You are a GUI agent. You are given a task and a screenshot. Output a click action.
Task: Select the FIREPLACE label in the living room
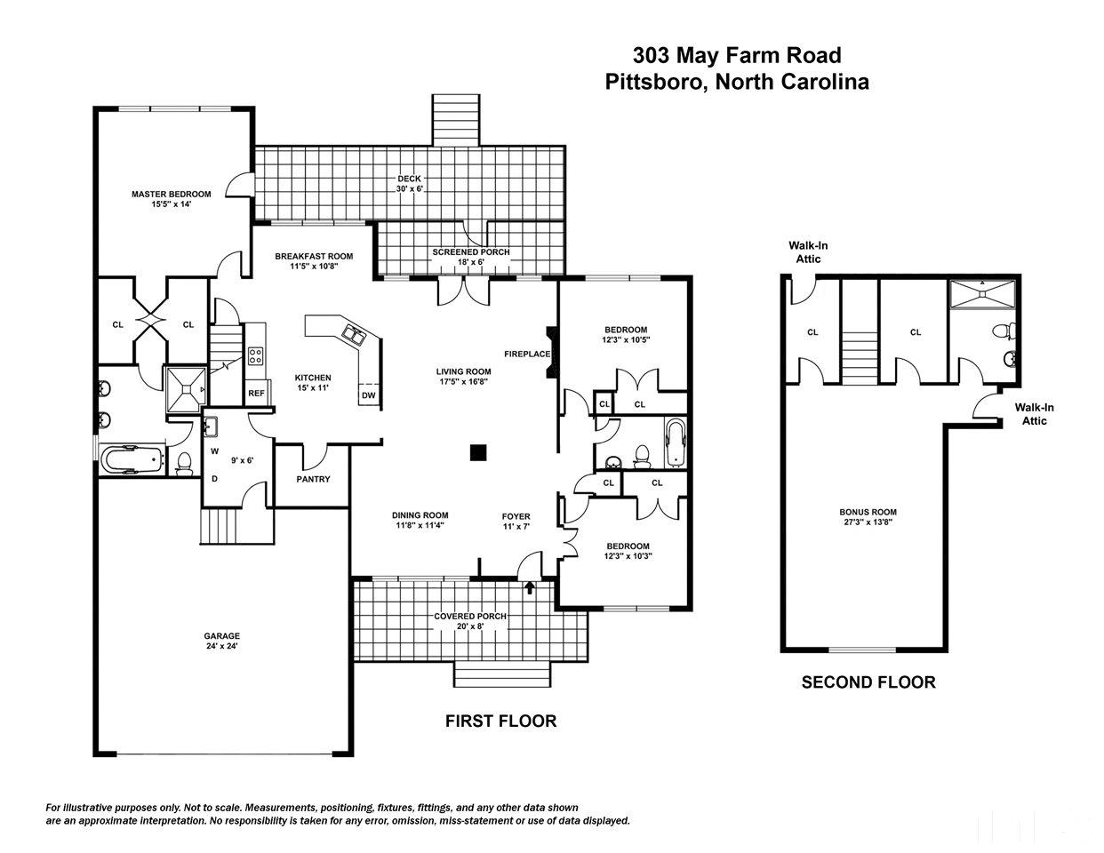point(528,354)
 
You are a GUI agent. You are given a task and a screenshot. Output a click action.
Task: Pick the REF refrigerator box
point(256,392)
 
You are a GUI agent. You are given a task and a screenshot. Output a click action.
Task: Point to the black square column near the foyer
point(479,453)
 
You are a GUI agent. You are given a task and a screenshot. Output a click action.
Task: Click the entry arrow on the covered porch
point(531,587)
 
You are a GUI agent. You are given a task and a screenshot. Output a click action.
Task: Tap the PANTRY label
point(313,480)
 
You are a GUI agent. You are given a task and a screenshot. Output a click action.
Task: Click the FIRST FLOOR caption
point(500,721)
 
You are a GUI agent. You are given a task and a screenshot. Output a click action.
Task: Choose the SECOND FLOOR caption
point(868,682)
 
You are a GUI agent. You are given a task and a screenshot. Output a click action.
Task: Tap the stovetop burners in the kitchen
point(256,356)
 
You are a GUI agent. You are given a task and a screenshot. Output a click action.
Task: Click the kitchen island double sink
point(355,335)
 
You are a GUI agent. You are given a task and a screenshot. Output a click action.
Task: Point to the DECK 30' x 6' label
point(409,184)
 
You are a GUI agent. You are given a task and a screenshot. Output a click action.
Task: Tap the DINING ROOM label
point(420,520)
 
